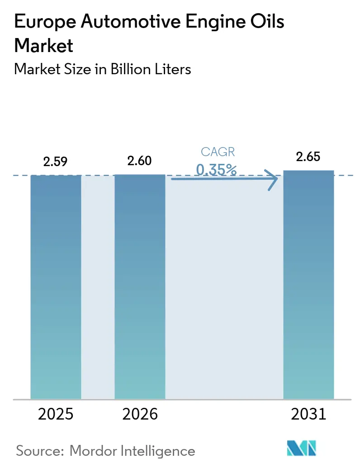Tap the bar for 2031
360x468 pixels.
point(308,285)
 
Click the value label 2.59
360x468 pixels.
point(55,162)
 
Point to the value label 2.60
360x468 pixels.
point(140,161)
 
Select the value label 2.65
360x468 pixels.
point(308,157)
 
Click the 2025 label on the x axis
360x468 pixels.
point(55,414)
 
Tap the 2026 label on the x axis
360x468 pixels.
point(140,414)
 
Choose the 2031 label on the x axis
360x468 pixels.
point(308,414)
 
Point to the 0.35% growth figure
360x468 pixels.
point(216,170)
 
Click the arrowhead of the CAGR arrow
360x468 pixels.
point(273,180)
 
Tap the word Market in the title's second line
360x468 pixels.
point(43,46)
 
